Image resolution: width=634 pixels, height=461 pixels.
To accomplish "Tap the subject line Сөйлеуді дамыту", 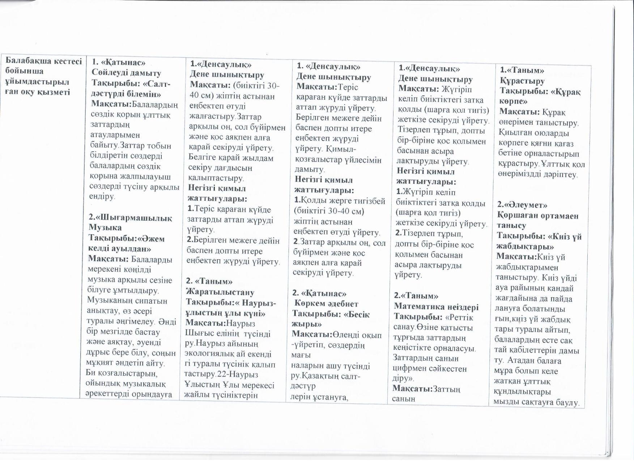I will (126, 73).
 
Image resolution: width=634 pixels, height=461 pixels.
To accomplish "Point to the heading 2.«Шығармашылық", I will (130, 218).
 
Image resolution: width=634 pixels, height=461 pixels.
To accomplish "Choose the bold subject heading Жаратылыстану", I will (220, 292).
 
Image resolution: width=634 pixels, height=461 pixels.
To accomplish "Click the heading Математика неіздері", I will (436, 307).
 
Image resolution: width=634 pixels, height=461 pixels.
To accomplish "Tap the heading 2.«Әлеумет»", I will (522, 205).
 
